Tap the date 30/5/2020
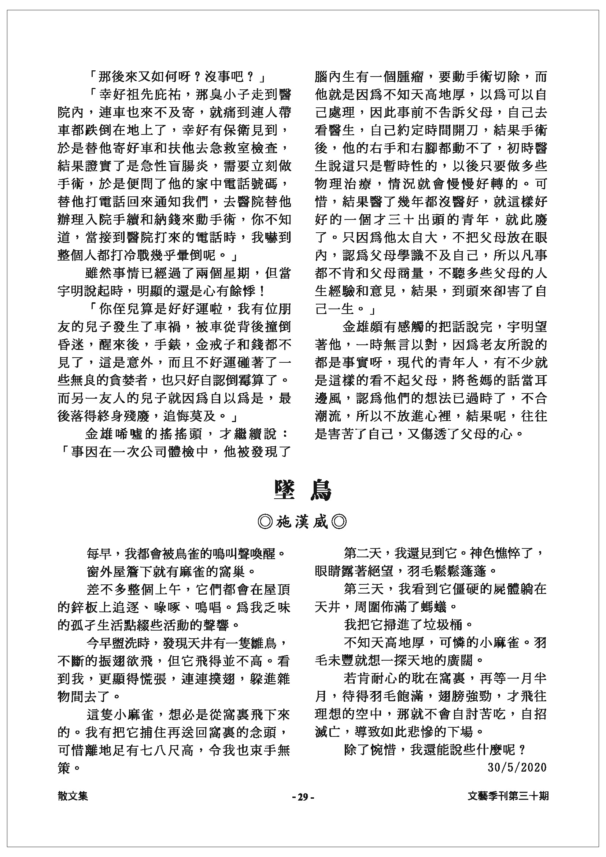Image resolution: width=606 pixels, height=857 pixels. tap(517, 768)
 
